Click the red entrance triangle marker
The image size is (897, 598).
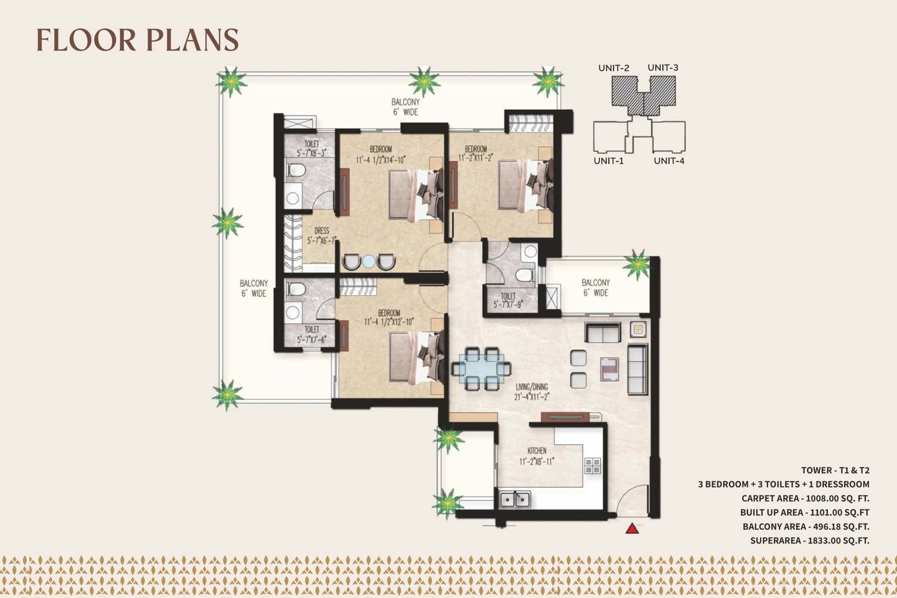pos(632,529)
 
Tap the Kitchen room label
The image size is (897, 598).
pos(537,451)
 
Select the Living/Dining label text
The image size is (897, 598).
pos(531,387)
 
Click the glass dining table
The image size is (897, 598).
pos(481,369)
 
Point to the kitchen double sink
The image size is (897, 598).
pos(515,499)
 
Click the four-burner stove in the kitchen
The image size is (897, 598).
pos(592,466)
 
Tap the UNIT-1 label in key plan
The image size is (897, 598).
pos(608,161)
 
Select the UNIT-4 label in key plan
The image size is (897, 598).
pos(669,161)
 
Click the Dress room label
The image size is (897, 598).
pos(322,230)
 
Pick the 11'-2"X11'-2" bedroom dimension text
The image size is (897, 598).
pos(476,157)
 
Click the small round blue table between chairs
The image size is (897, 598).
pos(368,261)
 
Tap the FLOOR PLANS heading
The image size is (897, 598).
pos(137,40)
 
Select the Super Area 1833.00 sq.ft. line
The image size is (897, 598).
pos(810,540)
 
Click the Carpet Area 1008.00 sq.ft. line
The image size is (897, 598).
pos(805,498)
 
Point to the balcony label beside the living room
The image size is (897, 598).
pos(596,288)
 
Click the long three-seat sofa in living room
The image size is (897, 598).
pos(637,369)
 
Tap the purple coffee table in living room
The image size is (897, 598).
pos(609,369)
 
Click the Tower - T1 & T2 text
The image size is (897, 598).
pos(835,470)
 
